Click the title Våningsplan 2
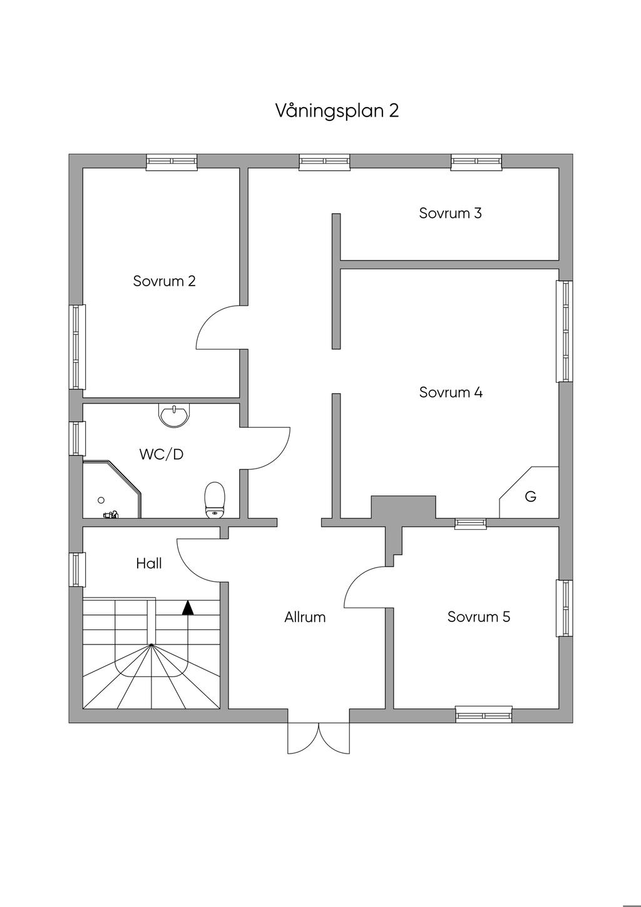pyautogui.click(x=337, y=111)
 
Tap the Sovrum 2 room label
pyautogui.click(x=164, y=281)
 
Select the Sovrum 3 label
pyautogui.click(x=450, y=213)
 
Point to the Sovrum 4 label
pyautogui.click(x=451, y=393)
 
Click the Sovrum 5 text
pyautogui.click(x=479, y=617)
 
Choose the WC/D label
pyautogui.click(x=162, y=455)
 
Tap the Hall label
pyautogui.click(x=149, y=564)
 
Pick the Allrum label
pyautogui.click(x=305, y=618)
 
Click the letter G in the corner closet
pyautogui.click(x=531, y=497)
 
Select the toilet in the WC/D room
pyautogui.click(x=215, y=500)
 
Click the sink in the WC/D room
pyautogui.click(x=173, y=415)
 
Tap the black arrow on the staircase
pyautogui.click(x=187, y=607)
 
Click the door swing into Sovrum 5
pyautogui.click(x=366, y=587)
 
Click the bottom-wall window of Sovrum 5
pyautogui.click(x=484, y=714)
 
